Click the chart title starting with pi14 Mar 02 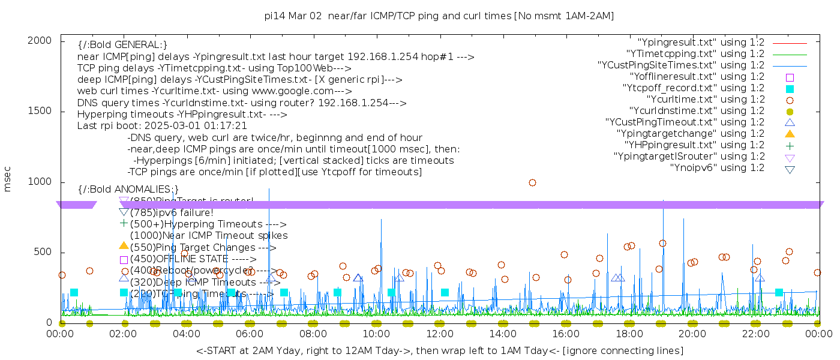click(439, 16)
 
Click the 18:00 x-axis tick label click(629, 333)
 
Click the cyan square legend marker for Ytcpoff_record click(790, 89)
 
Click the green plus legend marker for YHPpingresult click(790, 145)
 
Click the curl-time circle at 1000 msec click(532, 182)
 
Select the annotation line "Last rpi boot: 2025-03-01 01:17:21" click(162, 126)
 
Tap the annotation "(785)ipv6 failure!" click(172, 212)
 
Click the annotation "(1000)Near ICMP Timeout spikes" click(209, 236)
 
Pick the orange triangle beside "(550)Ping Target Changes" click(124, 245)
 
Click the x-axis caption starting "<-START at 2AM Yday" click(439, 350)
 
